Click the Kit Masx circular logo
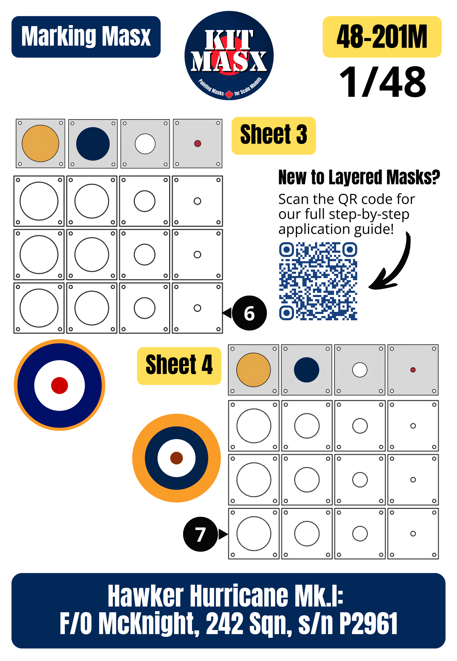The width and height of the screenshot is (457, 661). pos(229,55)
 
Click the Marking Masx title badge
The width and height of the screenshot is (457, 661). pos(86,37)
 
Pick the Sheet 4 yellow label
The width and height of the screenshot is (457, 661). pos(179,366)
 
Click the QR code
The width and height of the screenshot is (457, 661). pos(318,281)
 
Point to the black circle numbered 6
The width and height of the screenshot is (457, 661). pos(249,313)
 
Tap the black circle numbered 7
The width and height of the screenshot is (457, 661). pos(201,534)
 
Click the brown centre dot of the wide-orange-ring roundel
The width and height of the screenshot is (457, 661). pos(176,458)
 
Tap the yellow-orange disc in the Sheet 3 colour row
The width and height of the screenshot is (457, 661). pos(40,143)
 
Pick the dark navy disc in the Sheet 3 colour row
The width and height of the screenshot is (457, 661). pos(93,144)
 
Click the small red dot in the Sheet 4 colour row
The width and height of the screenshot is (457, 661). pos(413,370)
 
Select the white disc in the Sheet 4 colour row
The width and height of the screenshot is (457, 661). pos(360,370)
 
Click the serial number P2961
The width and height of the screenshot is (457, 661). pos(368,623)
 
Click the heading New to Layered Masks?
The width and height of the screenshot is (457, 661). pos(359,177)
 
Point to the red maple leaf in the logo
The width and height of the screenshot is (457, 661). pos(229,94)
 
